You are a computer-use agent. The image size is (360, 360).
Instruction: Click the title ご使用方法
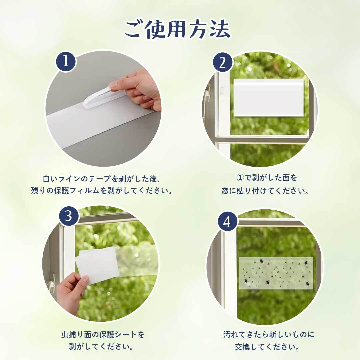point(177,29)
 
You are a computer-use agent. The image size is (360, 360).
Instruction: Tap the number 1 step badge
point(66,61)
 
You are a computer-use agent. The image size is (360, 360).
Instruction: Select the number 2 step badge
point(222,62)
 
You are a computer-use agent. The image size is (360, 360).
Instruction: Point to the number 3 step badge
point(69,216)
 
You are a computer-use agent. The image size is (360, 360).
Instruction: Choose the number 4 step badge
point(227,222)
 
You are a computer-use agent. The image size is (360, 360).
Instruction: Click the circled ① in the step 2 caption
point(240,178)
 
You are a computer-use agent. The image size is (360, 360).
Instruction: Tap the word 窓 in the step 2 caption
point(225,191)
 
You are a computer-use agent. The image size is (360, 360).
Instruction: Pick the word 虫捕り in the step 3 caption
point(73,335)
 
